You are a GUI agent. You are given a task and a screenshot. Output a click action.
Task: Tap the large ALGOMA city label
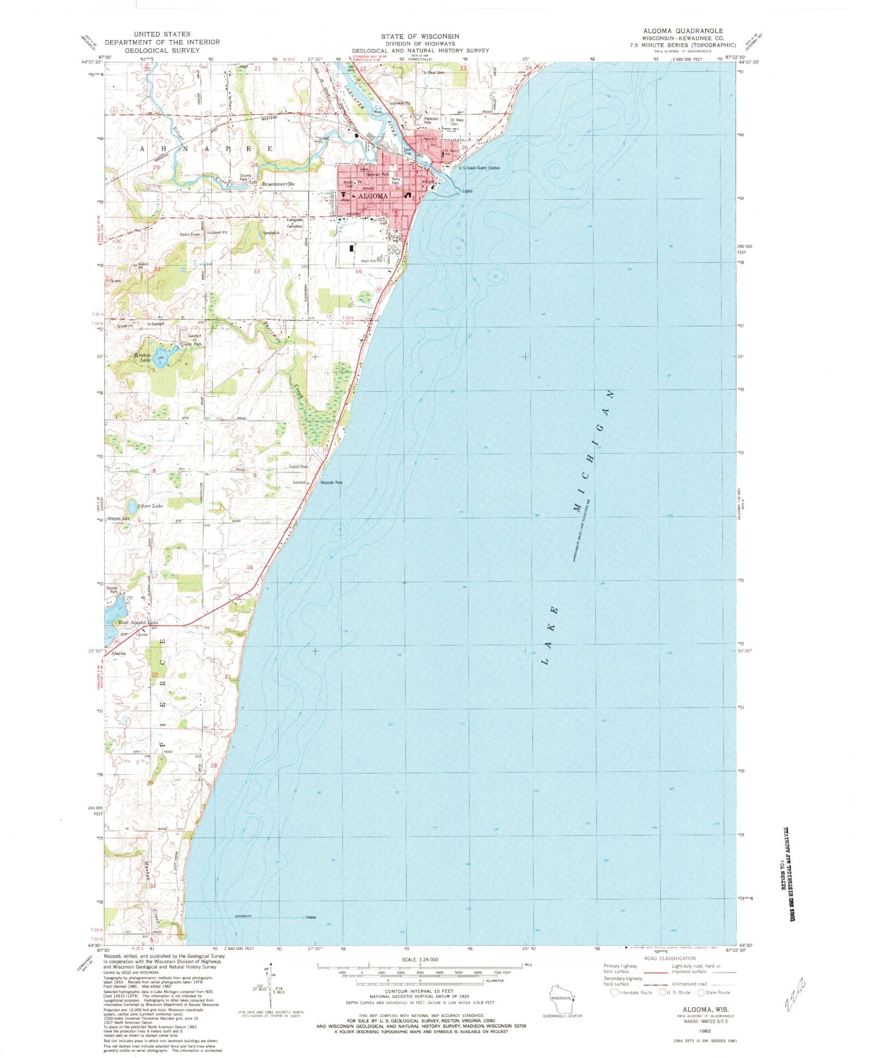pyautogui.click(x=373, y=196)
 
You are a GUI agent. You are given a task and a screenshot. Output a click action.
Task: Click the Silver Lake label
pyautogui.click(x=150, y=506)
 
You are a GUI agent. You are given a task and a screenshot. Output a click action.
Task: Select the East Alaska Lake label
pyautogui.click(x=138, y=622)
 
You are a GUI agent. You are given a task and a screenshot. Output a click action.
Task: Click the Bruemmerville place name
pyautogui.click(x=278, y=184)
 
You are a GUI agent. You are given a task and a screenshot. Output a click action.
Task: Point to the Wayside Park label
pyautogui.click(x=331, y=482)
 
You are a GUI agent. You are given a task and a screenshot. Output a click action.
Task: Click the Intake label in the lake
pyautogui.click(x=311, y=917)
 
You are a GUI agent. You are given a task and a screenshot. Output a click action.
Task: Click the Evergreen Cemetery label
pyautogui.click(x=295, y=223)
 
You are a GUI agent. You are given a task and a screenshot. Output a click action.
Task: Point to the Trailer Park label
pyautogui.click(x=298, y=467)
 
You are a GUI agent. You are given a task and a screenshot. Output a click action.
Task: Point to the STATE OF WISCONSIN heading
pyautogui.click(x=420, y=36)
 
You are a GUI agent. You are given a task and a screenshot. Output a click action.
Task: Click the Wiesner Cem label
pyautogui.click(x=118, y=518)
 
